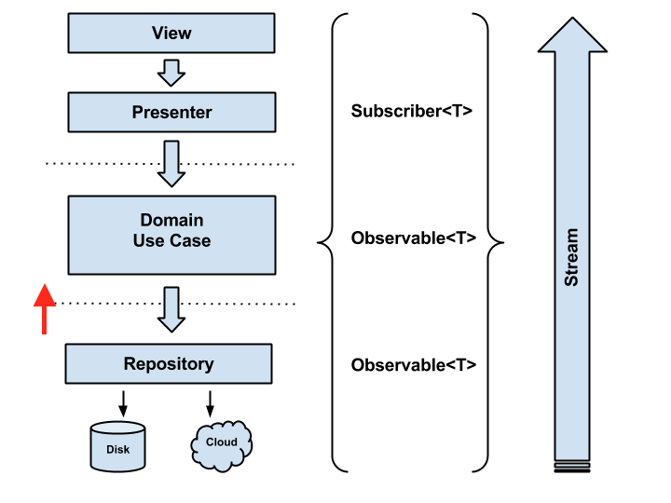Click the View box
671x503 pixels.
pos(171,33)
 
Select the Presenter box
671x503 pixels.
pos(171,112)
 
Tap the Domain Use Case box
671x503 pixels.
pos(171,235)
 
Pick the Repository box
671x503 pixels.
pos(169,363)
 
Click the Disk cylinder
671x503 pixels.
pos(117,446)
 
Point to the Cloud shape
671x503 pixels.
pos(221,446)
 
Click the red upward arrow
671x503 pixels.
pos(45,309)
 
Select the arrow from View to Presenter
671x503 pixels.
pos(171,73)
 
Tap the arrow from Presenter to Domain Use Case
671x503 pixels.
pos(171,164)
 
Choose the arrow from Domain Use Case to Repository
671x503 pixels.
pos(171,309)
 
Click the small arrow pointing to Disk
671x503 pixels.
pos(123,403)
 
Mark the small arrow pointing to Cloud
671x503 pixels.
pos(210,403)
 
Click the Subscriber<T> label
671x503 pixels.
pos(412,111)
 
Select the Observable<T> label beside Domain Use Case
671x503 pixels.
pos(414,238)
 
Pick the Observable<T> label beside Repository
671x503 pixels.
pos(414,365)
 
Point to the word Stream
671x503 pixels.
pos(571,257)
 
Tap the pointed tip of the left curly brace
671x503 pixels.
pos(319,242)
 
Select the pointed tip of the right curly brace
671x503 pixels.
pos(502,242)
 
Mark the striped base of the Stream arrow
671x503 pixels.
pos(572,467)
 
